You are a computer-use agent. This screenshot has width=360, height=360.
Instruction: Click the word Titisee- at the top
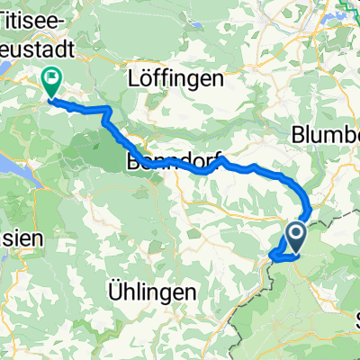37,16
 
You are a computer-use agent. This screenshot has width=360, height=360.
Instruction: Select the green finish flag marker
49,84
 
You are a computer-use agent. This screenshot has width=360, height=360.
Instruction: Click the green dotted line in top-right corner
346,11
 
